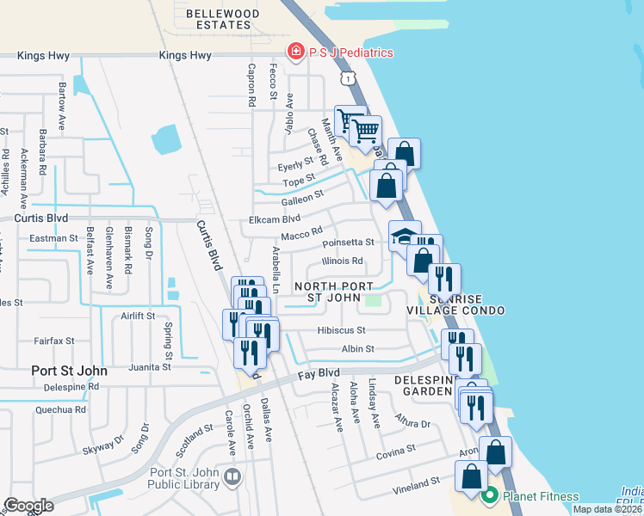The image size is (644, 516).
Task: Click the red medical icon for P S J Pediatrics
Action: coord(296,52)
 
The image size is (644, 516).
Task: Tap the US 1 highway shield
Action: coord(345,78)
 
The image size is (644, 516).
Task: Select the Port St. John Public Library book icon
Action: coord(232,476)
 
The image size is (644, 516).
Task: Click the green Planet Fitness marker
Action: coord(490,495)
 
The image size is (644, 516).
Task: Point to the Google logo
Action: coord(28,506)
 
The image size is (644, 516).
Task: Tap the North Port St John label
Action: coord(334,292)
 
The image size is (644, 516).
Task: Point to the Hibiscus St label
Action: coord(342,329)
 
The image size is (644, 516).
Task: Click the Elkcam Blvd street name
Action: coord(274,219)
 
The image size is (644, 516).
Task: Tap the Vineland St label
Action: coord(416,486)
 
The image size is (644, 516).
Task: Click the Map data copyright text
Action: coord(607,509)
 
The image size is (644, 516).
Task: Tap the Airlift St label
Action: coord(137,316)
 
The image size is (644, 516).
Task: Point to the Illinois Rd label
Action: coord(342,261)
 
